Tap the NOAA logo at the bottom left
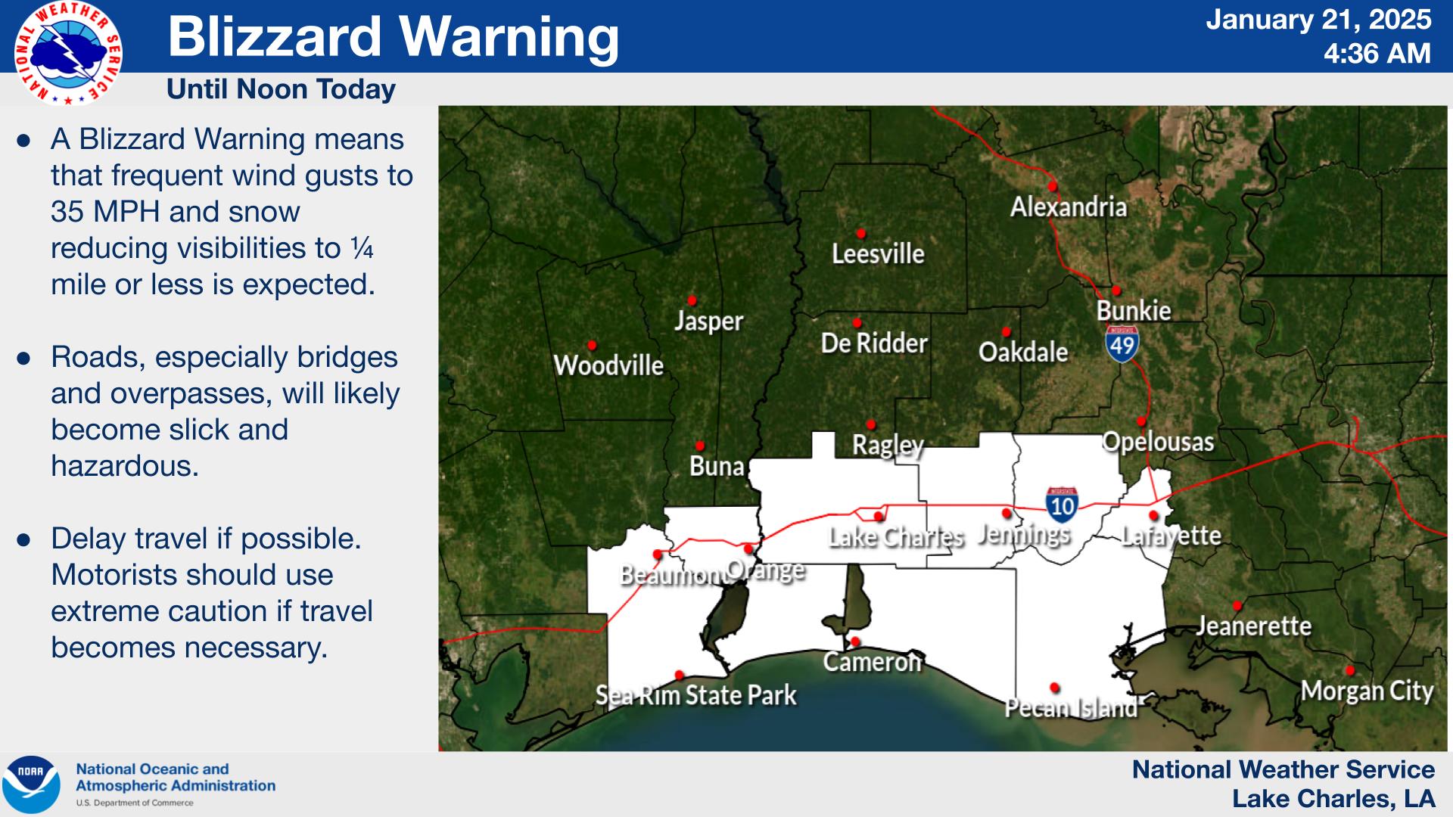31,784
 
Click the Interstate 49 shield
1122,344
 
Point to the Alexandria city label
1068,207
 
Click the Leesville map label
878,253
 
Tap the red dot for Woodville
592,346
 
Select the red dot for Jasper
692,300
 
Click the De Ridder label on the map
874,343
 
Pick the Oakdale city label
1023,352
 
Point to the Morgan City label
1367,691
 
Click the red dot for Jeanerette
1237,606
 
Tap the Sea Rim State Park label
695,695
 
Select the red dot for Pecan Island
1055,688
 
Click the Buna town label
717,466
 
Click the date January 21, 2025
1318,20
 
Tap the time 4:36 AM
1377,54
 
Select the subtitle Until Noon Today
281,89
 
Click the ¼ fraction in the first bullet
362,249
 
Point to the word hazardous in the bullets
125,466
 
